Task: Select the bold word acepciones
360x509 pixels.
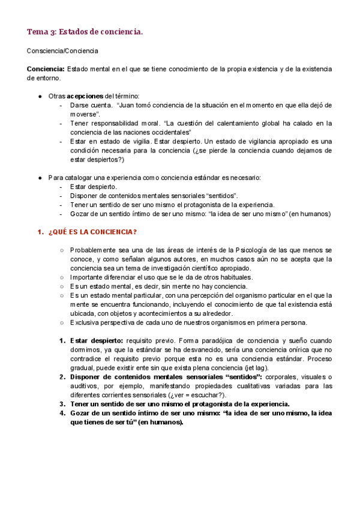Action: click(85, 96)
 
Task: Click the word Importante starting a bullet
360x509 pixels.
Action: click(88, 277)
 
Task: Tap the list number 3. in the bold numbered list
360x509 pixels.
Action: click(62, 404)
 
